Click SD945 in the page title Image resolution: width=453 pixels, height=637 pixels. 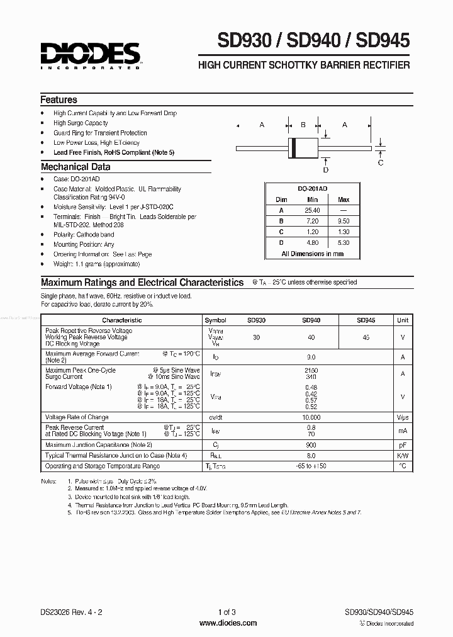(x=383, y=42)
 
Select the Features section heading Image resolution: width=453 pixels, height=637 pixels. (x=59, y=99)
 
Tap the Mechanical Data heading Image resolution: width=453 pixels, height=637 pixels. (x=75, y=167)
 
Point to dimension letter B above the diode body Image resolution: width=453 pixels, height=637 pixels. (x=303, y=125)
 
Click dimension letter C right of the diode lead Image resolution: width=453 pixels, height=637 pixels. (x=380, y=163)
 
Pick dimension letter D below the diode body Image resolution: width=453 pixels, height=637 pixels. (x=325, y=169)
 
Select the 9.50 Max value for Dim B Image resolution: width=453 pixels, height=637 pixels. (x=344, y=221)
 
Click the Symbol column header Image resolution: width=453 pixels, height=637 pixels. (x=216, y=320)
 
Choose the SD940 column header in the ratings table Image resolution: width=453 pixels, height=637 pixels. (x=311, y=320)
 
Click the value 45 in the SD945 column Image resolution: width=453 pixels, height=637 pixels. (x=366, y=337)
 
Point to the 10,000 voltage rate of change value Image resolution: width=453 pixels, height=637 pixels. (x=311, y=417)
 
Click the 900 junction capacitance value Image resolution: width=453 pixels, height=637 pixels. (x=311, y=445)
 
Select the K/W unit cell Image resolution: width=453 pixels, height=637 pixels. (x=402, y=455)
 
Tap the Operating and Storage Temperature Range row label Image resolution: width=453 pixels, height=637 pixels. (x=103, y=466)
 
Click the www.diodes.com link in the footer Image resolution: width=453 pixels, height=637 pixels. (x=228, y=623)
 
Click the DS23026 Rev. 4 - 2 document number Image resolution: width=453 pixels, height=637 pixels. (x=70, y=612)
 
